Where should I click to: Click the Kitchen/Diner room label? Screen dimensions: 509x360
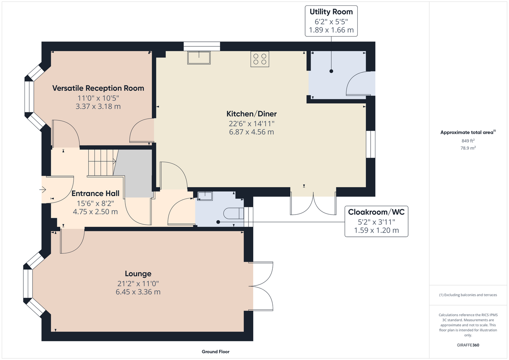tap(251, 114)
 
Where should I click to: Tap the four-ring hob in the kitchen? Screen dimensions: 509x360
tap(260, 59)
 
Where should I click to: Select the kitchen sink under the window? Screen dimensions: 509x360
tap(199, 58)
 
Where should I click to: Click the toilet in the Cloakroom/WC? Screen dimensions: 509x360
tap(233, 213)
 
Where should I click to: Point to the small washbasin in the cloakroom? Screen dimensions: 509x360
tap(205, 196)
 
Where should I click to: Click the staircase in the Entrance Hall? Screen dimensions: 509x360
tap(103, 162)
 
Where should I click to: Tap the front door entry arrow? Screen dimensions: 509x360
tap(43, 189)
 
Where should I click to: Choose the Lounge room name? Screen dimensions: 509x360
tap(138, 274)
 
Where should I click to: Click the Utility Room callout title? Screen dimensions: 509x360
tap(331, 12)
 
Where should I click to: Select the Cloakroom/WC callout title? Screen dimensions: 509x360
tap(376, 212)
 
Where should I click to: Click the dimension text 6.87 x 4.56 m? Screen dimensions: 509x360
tap(251, 132)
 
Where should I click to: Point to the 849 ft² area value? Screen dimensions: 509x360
tap(468, 141)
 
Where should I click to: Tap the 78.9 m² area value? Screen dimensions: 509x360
tap(468, 148)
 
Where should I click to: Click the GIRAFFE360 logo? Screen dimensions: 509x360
tap(468, 345)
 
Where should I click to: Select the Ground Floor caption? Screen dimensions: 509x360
tap(216, 352)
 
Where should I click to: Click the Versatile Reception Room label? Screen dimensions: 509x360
tap(98, 88)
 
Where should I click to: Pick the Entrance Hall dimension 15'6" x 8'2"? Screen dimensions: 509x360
tap(95, 203)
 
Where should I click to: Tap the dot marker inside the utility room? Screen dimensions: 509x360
tap(331, 71)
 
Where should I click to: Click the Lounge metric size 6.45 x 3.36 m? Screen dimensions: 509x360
tap(138, 292)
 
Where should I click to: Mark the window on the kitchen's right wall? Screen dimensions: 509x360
tap(371, 144)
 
